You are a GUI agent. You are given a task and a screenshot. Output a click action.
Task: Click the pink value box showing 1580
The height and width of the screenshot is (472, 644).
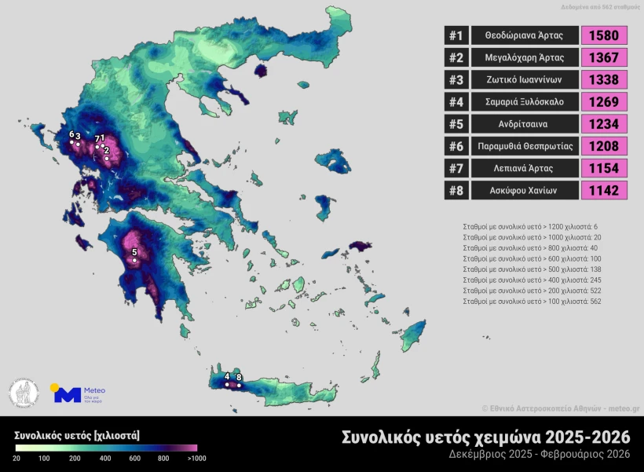click(x=604, y=35)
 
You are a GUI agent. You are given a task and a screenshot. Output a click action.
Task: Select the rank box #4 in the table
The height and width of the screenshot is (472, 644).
click(x=456, y=102)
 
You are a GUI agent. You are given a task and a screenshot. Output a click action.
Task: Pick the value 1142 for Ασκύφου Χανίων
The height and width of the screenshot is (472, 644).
click(x=604, y=190)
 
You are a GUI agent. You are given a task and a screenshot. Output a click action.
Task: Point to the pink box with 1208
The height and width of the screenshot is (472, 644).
click(x=604, y=146)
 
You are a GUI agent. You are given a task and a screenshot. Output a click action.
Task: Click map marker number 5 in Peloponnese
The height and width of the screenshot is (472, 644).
click(x=134, y=261)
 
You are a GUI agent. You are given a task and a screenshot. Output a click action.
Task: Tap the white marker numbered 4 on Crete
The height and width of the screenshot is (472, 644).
click(x=227, y=385)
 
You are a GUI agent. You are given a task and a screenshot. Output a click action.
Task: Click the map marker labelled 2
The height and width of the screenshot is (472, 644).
click(x=107, y=158)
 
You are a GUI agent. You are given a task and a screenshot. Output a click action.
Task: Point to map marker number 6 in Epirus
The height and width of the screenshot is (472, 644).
click(x=71, y=142)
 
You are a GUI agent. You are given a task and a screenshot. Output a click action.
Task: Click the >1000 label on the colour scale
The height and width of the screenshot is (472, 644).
click(x=196, y=458)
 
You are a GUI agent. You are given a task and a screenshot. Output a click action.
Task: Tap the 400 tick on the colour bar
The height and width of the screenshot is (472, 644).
click(x=104, y=458)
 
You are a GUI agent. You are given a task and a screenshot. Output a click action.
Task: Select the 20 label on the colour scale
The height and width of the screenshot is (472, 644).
click(x=16, y=458)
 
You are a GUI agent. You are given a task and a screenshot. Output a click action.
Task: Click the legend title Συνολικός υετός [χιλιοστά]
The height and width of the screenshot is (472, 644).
click(x=77, y=434)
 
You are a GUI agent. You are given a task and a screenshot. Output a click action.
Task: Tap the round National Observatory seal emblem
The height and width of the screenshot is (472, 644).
click(x=24, y=393)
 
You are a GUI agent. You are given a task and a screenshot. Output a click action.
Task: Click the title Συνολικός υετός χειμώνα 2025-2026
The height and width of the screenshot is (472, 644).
click(x=486, y=437)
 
